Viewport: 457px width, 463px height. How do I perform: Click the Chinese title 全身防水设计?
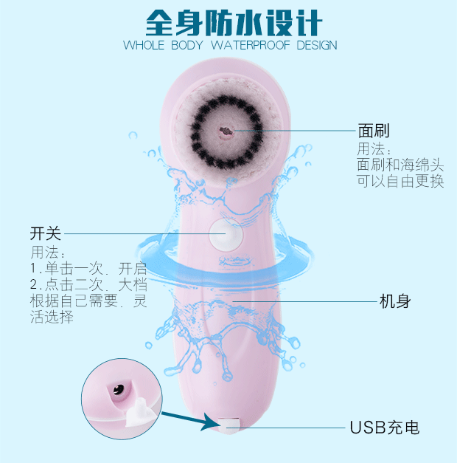coord(233,21)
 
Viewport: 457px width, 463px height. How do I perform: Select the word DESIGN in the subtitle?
coord(307,45)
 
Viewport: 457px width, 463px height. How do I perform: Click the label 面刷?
coord(373,131)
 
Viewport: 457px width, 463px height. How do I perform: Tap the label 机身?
coord(394,301)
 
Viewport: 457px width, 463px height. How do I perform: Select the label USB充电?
coord(384,428)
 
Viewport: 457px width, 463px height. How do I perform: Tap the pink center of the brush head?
coord(226,131)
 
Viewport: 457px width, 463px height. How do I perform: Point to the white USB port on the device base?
coord(228,424)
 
